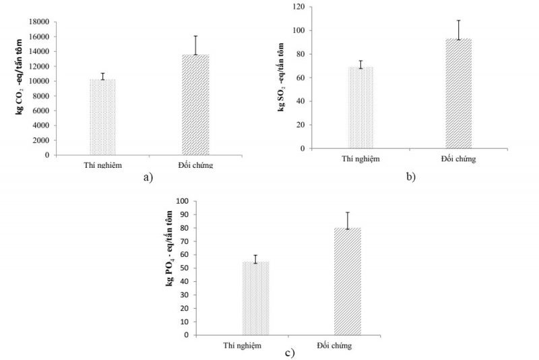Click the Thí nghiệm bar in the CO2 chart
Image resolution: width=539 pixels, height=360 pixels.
pyautogui.click(x=102, y=117)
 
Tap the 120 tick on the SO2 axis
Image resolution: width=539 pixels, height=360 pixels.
pyautogui.click(x=296, y=7)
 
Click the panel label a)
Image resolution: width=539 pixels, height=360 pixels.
pyautogui.click(x=148, y=177)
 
